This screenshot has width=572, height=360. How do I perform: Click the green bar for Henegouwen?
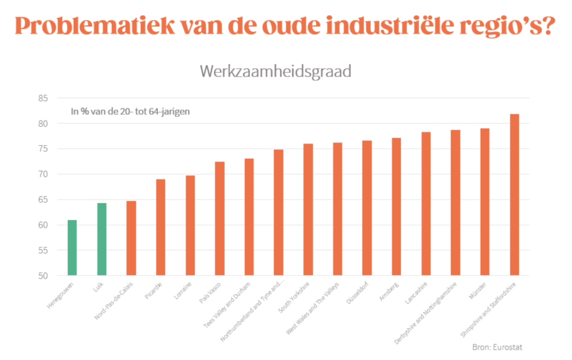(72, 248)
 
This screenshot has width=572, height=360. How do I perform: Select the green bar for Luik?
(102, 239)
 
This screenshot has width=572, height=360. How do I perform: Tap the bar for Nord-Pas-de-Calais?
(131, 238)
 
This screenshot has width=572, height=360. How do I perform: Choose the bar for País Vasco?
(220, 219)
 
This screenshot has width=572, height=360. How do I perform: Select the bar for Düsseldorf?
(366, 208)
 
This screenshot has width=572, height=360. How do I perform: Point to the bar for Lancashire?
(426, 204)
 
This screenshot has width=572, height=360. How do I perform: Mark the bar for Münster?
(485, 202)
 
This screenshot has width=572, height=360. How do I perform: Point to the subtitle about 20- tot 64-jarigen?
(130, 111)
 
